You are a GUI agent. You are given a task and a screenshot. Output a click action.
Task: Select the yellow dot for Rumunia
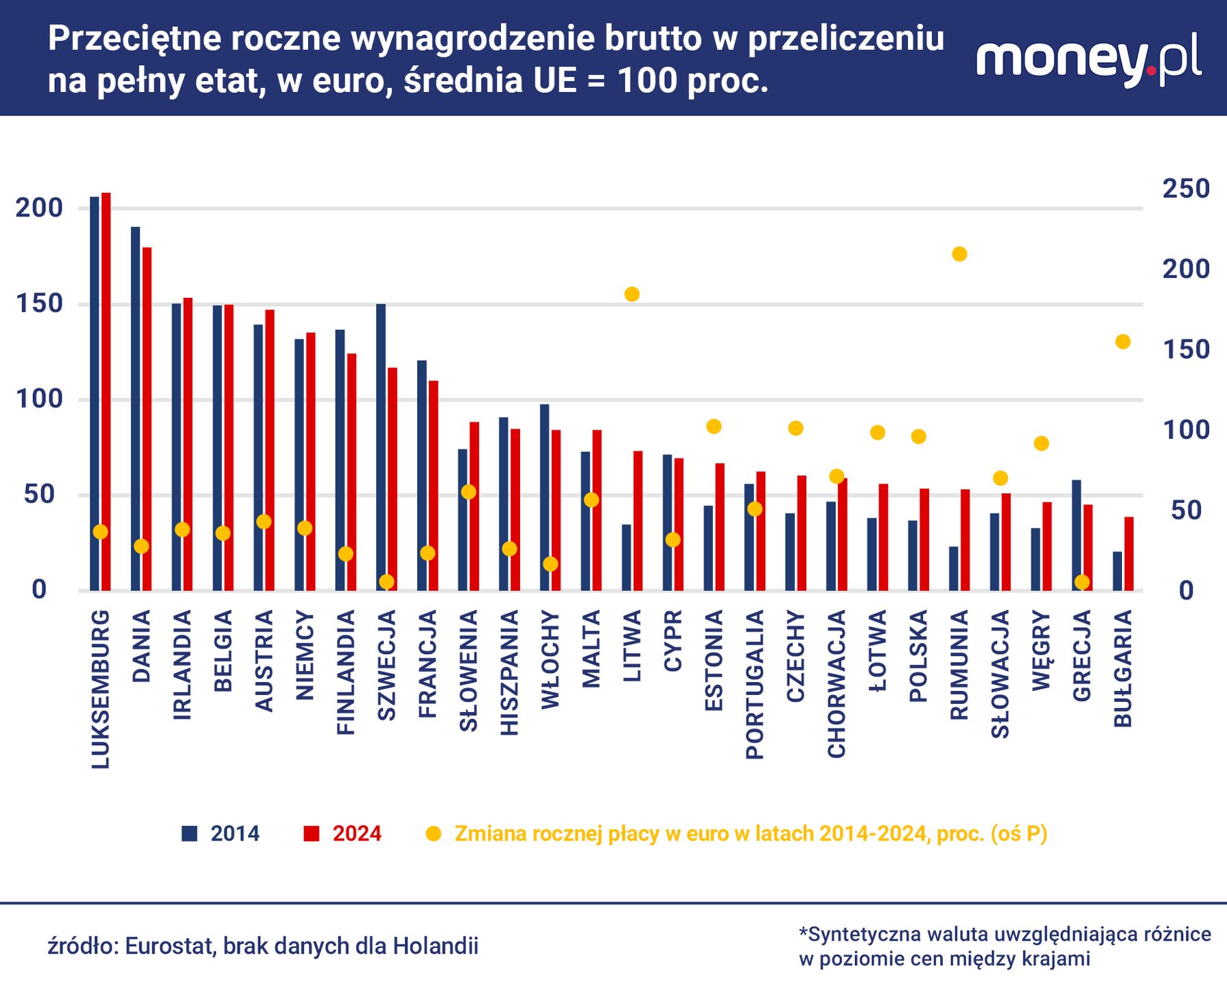(959, 255)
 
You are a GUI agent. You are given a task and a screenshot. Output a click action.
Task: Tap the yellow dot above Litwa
(632, 294)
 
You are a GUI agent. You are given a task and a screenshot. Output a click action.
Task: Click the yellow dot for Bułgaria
(1123, 342)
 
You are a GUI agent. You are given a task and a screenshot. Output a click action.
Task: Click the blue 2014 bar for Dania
(135, 408)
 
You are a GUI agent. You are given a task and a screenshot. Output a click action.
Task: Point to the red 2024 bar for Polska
(924, 539)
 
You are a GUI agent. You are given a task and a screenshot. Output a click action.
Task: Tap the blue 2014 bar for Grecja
(1076, 535)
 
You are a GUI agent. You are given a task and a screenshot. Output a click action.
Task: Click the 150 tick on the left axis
(39, 304)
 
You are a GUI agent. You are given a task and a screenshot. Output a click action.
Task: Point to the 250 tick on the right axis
(1185, 189)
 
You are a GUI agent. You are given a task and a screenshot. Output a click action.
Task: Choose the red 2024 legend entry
(342, 834)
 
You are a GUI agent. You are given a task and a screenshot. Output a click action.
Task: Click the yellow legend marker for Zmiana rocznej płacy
(434, 834)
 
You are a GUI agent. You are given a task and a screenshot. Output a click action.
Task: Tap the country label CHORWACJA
(837, 684)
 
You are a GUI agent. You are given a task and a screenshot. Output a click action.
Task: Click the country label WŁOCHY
(550, 660)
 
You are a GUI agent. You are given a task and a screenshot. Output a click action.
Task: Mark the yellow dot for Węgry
(1041, 443)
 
